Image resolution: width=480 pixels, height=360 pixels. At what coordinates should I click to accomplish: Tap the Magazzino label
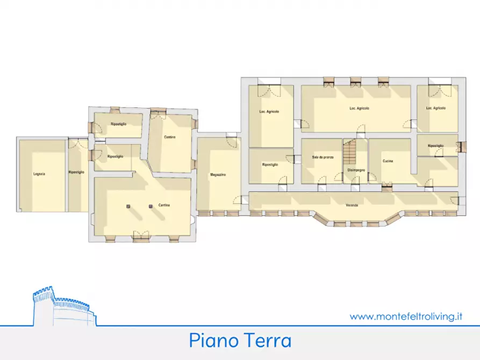tap(218, 175)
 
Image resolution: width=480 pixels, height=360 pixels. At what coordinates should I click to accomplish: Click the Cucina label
tap(388, 161)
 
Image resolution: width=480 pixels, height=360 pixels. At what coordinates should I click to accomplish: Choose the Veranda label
tap(353, 205)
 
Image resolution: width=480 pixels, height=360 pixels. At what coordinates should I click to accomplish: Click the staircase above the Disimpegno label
tap(349, 152)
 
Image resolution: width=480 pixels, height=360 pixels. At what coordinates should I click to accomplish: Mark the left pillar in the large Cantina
tap(128, 206)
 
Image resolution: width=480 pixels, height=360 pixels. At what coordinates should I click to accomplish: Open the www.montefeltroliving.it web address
tap(406, 316)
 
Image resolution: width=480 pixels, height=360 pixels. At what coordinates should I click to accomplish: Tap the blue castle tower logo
tap(62, 308)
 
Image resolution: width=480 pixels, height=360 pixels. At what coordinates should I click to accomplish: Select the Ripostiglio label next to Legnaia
tap(76, 172)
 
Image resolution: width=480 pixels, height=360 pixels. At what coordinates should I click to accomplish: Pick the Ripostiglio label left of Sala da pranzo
tap(270, 164)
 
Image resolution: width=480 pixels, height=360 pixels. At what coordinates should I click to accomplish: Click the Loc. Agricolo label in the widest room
tap(359, 108)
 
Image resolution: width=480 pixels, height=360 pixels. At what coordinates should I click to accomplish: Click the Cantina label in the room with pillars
tap(164, 205)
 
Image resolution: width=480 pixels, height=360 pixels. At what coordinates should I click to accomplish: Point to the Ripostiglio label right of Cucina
tap(436, 146)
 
